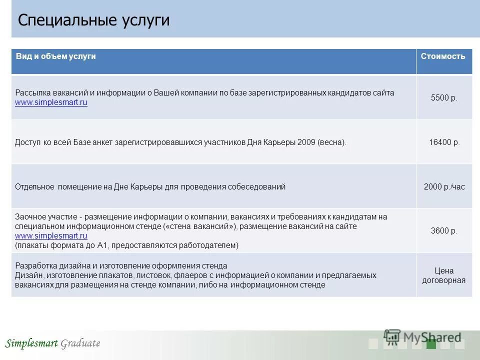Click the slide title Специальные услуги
[x=93, y=20]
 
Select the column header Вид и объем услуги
[x=55, y=56]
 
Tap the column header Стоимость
[x=443, y=56]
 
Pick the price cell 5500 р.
[x=444, y=98]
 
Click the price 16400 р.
[x=444, y=142]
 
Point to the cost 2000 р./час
[x=444, y=187]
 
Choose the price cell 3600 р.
[x=444, y=231]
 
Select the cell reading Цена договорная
[x=444, y=275]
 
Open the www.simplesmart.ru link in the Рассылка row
[x=51, y=102]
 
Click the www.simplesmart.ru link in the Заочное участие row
[x=51, y=235]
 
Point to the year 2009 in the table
[x=305, y=142]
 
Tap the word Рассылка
[x=31, y=93]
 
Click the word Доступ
[x=27, y=142]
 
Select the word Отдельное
[x=34, y=187]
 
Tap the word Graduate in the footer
[x=80, y=343]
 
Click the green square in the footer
[x=431, y=344]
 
